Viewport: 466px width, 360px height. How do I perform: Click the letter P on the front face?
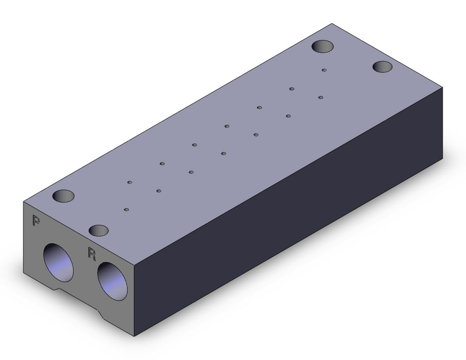(x=36, y=221)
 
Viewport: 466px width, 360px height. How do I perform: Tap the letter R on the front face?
(x=92, y=254)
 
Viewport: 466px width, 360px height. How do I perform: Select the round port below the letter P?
(x=58, y=262)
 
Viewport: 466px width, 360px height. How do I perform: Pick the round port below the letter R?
(x=112, y=281)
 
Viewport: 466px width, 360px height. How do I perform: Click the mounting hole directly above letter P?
(x=63, y=196)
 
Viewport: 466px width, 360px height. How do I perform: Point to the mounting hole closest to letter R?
(x=99, y=230)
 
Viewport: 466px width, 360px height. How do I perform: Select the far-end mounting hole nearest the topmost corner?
(x=322, y=47)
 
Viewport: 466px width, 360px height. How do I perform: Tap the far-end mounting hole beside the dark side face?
(x=383, y=66)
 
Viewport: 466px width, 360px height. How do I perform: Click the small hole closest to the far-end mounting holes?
(x=324, y=70)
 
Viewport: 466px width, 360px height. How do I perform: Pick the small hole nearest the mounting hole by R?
(x=127, y=210)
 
